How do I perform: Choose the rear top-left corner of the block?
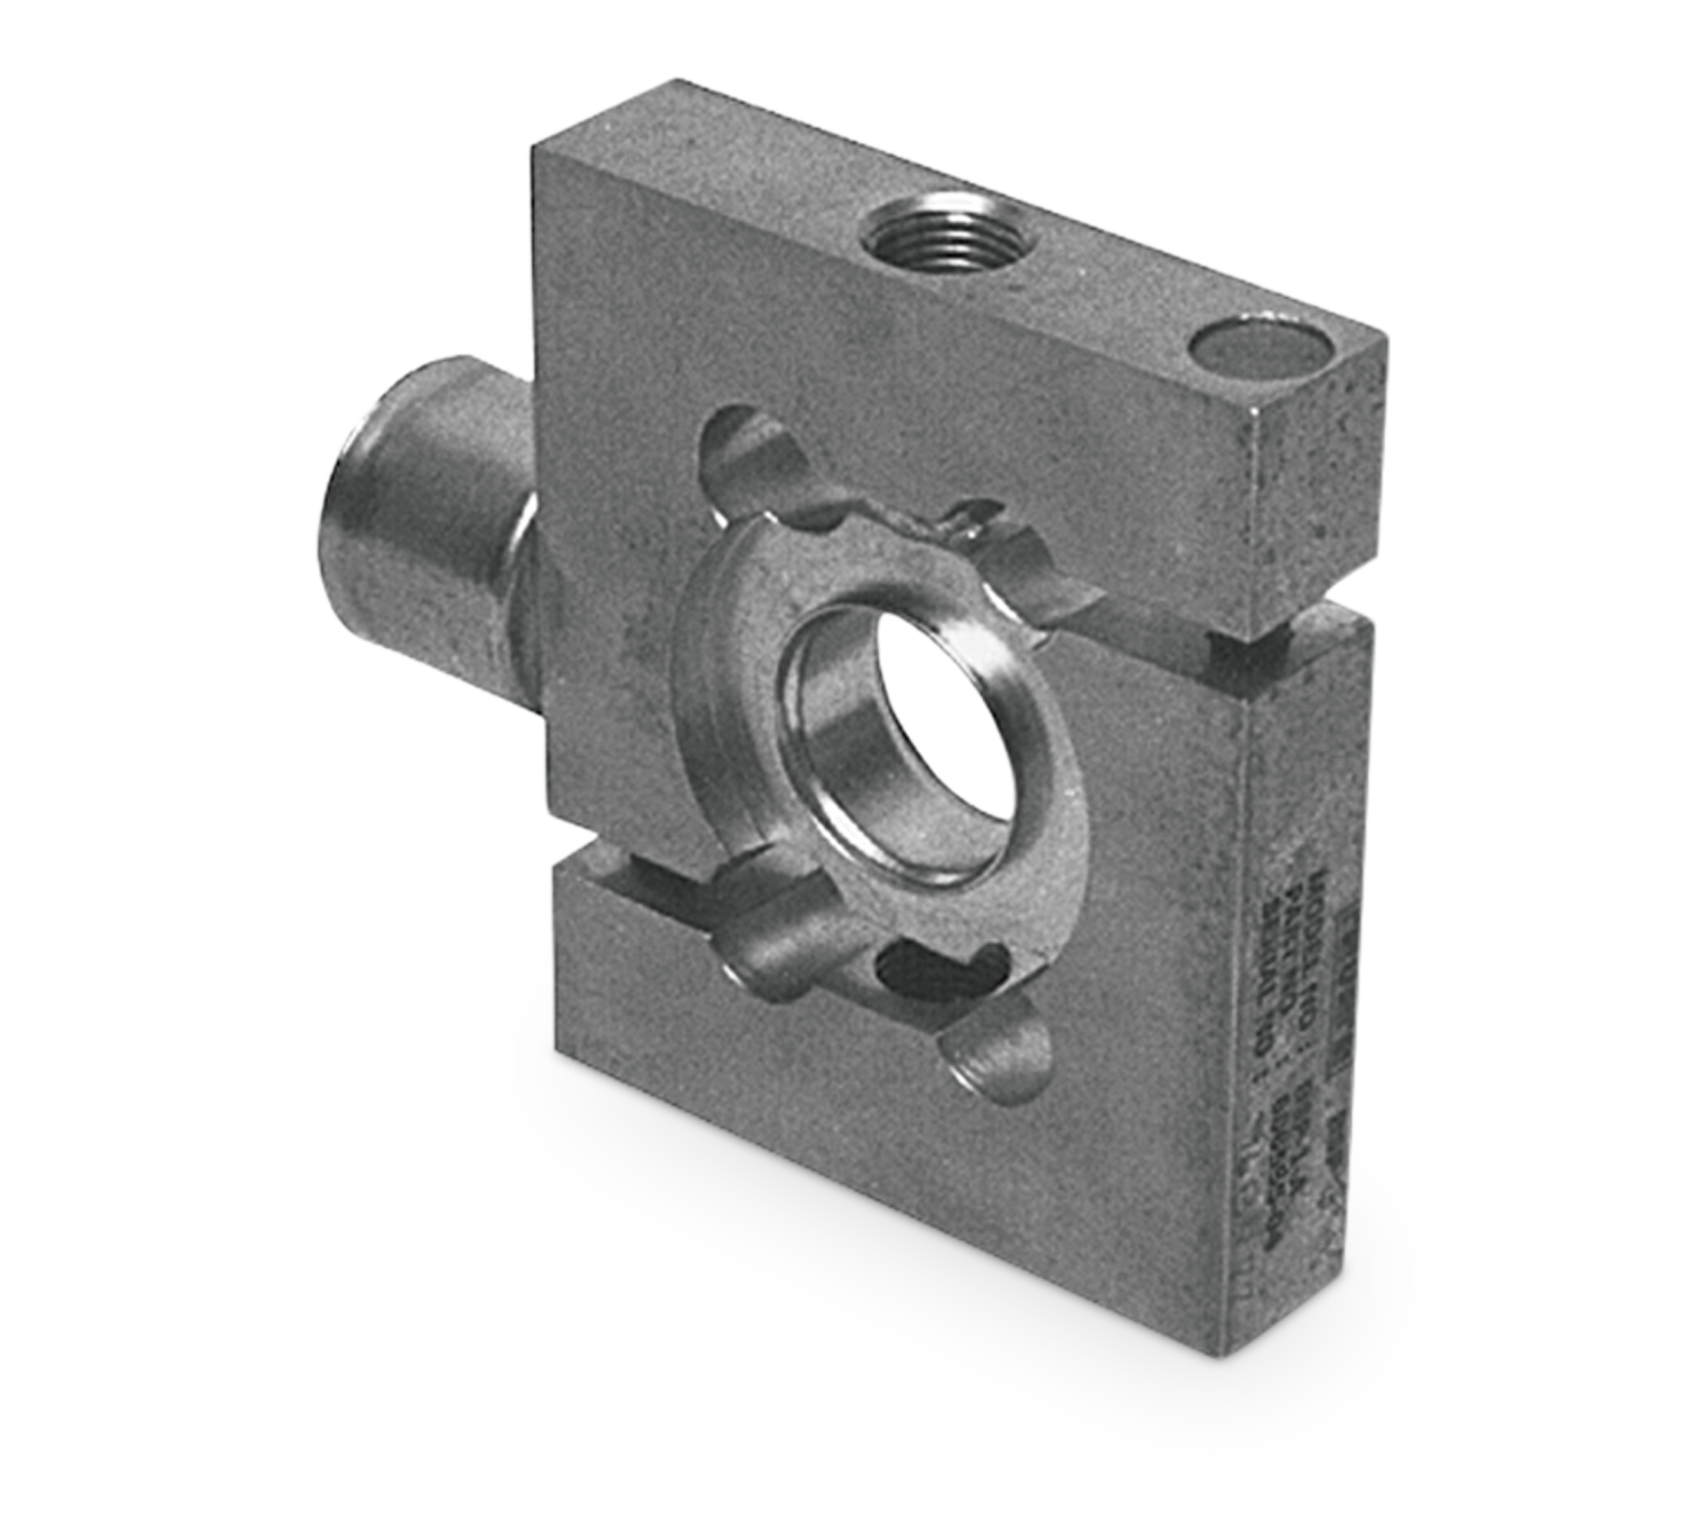[679, 79]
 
